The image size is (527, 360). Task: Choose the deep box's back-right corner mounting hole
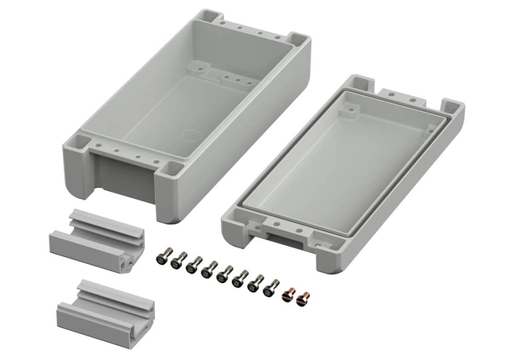(297, 38)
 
